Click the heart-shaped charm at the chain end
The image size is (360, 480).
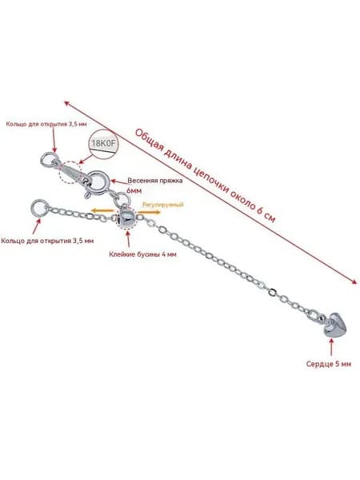(x=336, y=325)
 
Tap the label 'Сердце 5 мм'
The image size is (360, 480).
(x=329, y=364)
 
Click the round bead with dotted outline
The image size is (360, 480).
(x=126, y=218)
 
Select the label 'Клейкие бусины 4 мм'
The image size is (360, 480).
(x=142, y=254)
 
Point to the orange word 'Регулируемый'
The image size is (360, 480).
(x=163, y=205)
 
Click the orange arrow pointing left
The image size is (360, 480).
(x=103, y=210)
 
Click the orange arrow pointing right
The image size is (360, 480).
(x=149, y=212)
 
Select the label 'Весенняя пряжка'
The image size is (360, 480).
(x=155, y=181)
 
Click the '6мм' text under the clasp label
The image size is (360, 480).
(x=134, y=190)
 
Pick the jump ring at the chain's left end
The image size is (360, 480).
(x=40, y=208)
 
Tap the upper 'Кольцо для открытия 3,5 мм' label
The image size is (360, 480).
(x=46, y=124)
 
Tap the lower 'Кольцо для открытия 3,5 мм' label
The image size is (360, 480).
(x=47, y=241)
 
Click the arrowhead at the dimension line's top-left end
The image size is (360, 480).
(x=66, y=103)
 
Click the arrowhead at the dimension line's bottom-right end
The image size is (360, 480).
(x=354, y=282)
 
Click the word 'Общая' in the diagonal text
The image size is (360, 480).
(x=149, y=140)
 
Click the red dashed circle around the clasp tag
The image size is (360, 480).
(x=70, y=172)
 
